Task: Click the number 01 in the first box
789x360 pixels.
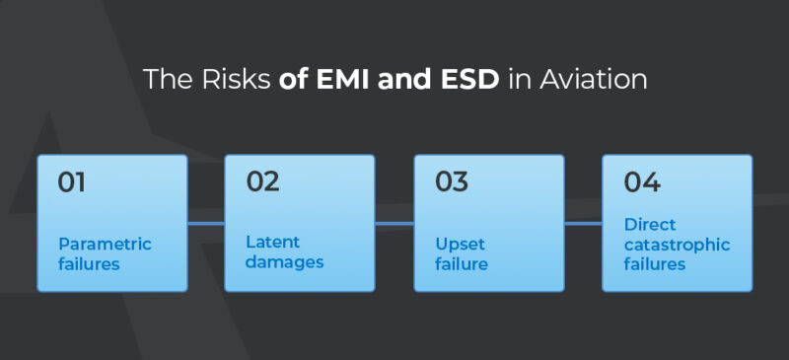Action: [x=72, y=182]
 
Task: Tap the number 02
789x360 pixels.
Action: [x=262, y=182]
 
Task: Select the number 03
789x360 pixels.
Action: [x=452, y=182]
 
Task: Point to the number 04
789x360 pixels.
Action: [x=642, y=182]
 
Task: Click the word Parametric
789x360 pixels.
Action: [x=105, y=244]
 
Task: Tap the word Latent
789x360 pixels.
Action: [x=273, y=243]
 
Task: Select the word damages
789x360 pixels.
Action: [x=285, y=262]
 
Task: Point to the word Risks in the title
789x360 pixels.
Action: [x=243, y=79]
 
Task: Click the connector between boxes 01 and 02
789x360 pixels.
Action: [x=206, y=224]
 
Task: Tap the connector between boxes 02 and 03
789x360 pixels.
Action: [x=394, y=224]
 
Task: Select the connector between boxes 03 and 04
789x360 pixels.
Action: [x=583, y=224]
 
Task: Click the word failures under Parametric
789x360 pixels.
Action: [x=90, y=263]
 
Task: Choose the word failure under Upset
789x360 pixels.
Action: [x=461, y=263]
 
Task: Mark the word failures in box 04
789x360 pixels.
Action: [x=655, y=263]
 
